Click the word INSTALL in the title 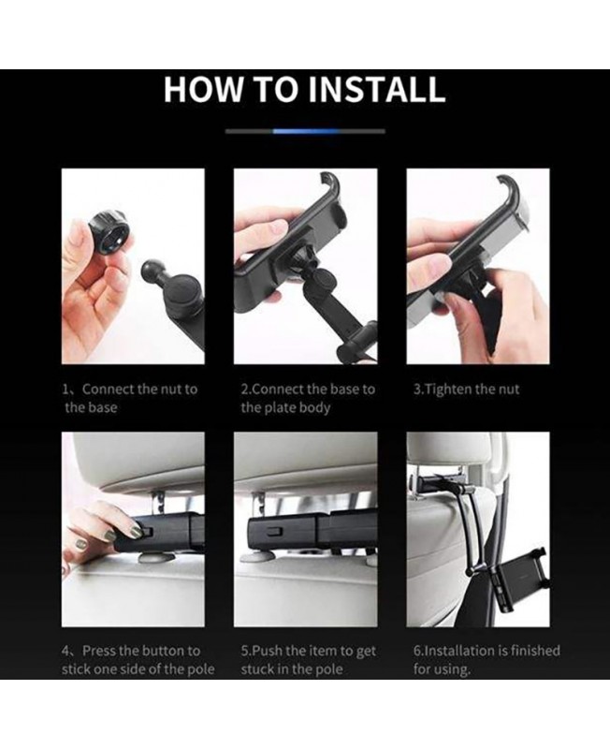(377, 89)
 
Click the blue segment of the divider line (306, 131)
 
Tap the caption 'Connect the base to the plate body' (308, 398)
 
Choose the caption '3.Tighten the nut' (466, 389)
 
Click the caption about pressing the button (138, 660)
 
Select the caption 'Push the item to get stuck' (309, 660)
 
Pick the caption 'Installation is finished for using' (487, 660)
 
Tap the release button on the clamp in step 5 (275, 531)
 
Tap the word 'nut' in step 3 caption (509, 389)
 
